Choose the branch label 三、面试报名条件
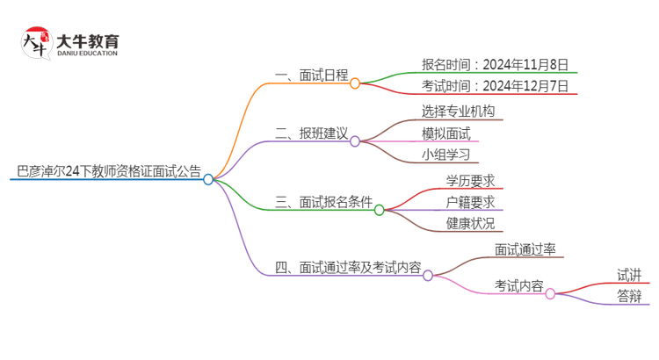[x=322, y=202]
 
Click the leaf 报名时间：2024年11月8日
[x=497, y=64]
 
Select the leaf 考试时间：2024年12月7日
[x=497, y=86]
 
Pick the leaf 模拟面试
[x=446, y=133]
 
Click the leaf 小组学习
[x=446, y=155]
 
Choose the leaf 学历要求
[x=470, y=180]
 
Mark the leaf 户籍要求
[x=470, y=202]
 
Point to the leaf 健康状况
[x=470, y=224]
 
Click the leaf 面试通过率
[x=525, y=249]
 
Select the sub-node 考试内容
[x=518, y=286]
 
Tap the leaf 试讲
[x=629, y=275]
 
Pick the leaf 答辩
[x=629, y=296]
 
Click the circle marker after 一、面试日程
[x=355, y=83]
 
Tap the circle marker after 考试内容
[x=550, y=294]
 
